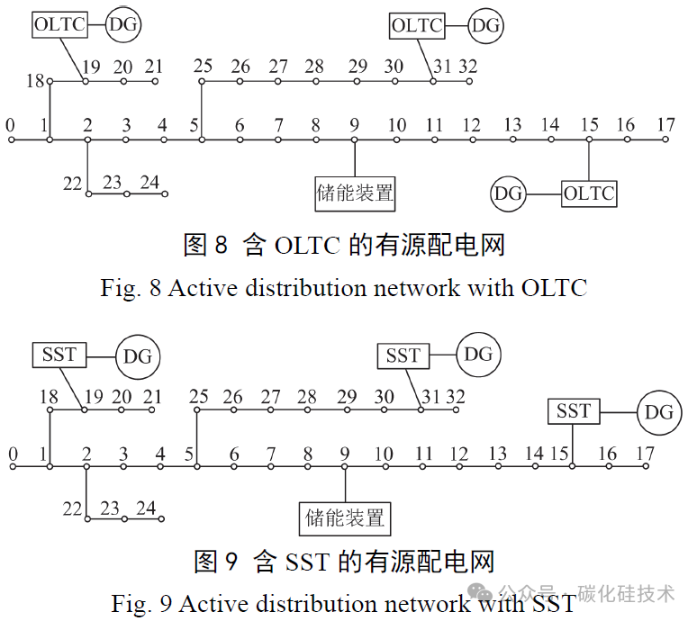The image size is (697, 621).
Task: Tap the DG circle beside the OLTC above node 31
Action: (x=486, y=26)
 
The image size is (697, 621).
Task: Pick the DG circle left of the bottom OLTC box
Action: (x=508, y=193)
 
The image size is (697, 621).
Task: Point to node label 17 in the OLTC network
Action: (x=665, y=125)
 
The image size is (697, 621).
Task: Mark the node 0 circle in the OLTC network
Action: (x=12, y=139)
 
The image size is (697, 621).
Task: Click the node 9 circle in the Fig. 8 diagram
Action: (x=354, y=139)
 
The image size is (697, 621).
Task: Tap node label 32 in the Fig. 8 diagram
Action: (x=467, y=67)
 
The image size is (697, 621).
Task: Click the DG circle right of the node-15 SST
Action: (x=659, y=412)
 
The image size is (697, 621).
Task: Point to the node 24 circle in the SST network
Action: (x=161, y=518)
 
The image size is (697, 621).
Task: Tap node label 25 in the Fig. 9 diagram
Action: (x=198, y=396)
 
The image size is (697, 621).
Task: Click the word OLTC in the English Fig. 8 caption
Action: (x=554, y=288)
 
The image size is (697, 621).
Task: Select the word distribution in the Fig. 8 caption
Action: (x=305, y=288)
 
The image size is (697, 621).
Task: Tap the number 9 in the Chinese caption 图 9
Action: (x=231, y=562)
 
